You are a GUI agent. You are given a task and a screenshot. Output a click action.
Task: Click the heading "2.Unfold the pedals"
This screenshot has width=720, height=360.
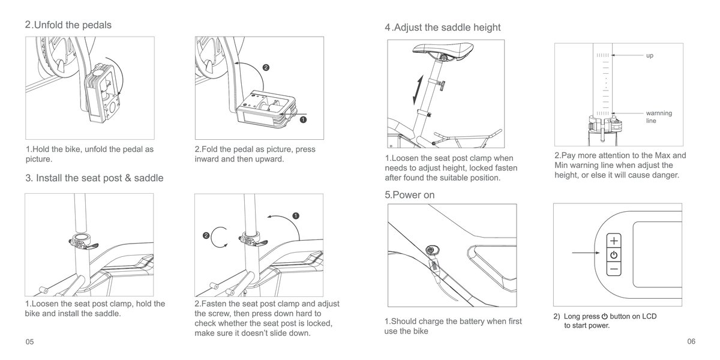(x=68, y=25)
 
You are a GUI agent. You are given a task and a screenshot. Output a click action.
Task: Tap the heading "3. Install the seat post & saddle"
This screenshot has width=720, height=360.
(x=94, y=178)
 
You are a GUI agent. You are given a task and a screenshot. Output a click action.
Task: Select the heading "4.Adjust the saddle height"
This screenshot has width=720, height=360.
(x=442, y=28)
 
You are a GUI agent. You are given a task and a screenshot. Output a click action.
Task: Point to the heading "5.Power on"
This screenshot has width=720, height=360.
(x=410, y=195)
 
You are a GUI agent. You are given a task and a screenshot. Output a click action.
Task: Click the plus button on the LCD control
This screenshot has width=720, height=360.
(x=613, y=241)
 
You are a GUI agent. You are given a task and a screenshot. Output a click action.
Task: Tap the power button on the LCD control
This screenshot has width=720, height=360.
(x=613, y=256)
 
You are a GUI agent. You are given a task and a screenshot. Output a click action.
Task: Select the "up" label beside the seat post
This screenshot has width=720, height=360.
(x=649, y=56)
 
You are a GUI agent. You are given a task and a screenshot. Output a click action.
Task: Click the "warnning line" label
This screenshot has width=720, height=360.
(x=658, y=116)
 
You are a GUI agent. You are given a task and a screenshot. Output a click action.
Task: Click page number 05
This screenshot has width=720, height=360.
(x=29, y=341)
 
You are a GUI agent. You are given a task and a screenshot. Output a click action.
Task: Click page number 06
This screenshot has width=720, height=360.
(x=691, y=341)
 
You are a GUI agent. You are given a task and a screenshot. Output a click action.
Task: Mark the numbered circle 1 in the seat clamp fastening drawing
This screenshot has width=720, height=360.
(x=296, y=215)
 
